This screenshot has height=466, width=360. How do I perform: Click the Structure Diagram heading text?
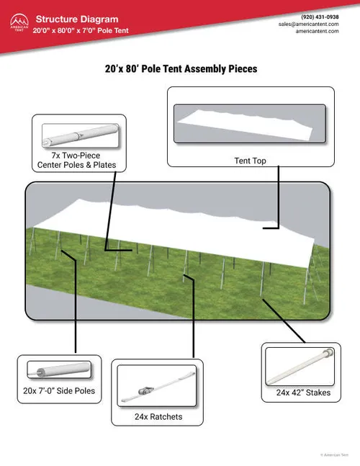pyautogui.click(x=77, y=19)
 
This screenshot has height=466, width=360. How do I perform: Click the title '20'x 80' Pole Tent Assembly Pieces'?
pyautogui.click(x=181, y=69)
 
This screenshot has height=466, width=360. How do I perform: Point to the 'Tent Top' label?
pyautogui.click(x=250, y=161)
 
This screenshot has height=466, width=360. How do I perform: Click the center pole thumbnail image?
pyautogui.click(x=79, y=135)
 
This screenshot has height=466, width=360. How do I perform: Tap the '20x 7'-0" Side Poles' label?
pyautogui.click(x=60, y=391)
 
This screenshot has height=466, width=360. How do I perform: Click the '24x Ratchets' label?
pyautogui.click(x=158, y=416)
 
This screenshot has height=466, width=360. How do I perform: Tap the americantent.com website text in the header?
pyautogui.click(x=317, y=32)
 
